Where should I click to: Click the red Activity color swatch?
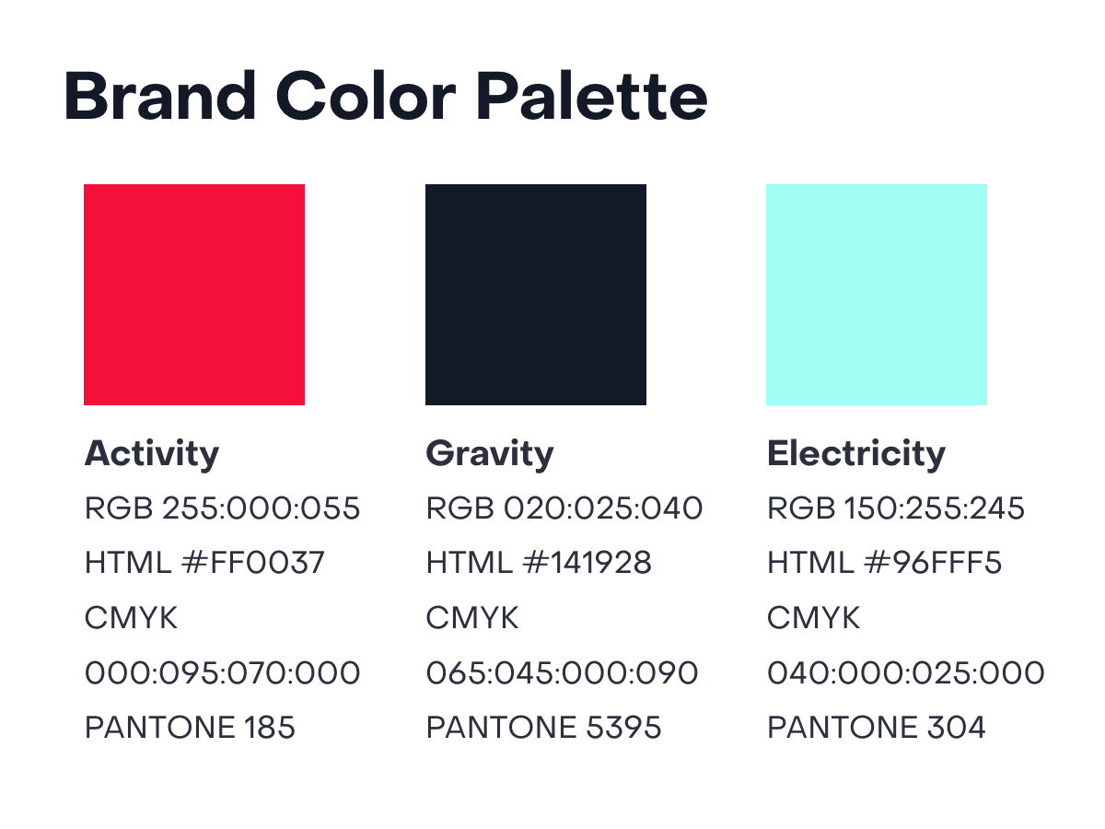(x=193, y=295)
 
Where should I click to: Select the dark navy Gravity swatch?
(x=536, y=295)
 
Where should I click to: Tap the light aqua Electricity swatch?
(x=877, y=295)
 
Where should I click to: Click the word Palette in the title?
(x=591, y=96)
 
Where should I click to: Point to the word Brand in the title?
(x=160, y=96)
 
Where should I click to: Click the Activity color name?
(x=152, y=454)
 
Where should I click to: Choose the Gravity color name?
(x=490, y=454)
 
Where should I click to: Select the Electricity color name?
(x=856, y=454)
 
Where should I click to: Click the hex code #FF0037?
(x=252, y=562)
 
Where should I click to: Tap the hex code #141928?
(x=587, y=562)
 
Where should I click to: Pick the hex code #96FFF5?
(x=933, y=562)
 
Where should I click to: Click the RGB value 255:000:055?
(x=261, y=508)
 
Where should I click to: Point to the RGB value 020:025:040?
(x=603, y=508)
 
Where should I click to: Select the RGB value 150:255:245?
(x=934, y=508)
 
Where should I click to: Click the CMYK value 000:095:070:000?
(x=223, y=673)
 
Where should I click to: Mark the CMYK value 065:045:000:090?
(x=562, y=673)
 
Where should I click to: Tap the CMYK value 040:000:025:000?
(x=906, y=673)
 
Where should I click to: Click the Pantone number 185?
(x=269, y=728)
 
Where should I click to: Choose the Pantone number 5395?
(x=623, y=728)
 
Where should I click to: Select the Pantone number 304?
(x=956, y=728)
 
